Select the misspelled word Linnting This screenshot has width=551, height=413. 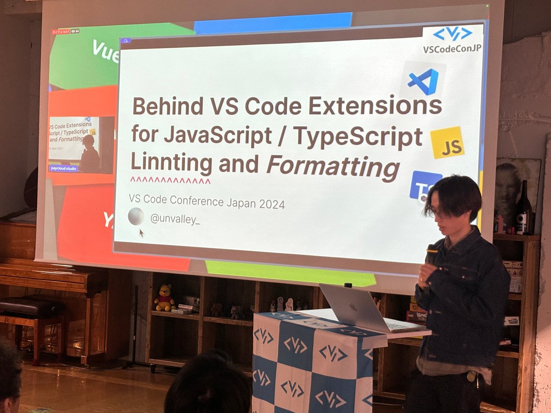[x=172, y=163]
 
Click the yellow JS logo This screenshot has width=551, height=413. [x=447, y=142]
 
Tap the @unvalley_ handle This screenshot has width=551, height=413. [x=175, y=219]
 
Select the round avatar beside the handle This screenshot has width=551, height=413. [x=136, y=216]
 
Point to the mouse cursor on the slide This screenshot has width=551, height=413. [x=141, y=233]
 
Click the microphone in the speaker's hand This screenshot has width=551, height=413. [x=431, y=254]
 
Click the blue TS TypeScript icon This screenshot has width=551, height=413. [x=424, y=185]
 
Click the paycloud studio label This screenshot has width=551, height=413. [x=64, y=168]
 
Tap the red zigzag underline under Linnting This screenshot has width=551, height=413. [x=170, y=181]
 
